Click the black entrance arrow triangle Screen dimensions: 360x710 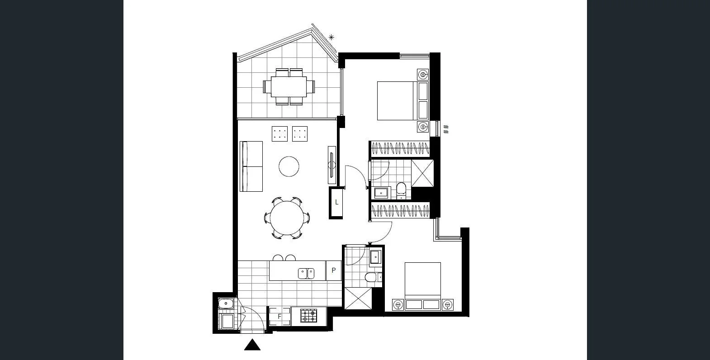[x=252, y=346]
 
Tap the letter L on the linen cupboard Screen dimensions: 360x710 [x=336, y=203]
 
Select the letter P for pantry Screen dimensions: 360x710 [x=334, y=270]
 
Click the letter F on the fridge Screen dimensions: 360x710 [x=279, y=317]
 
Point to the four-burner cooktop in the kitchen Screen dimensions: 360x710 [x=309, y=316]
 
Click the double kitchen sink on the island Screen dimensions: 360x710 [x=306, y=273]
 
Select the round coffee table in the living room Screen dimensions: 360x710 [x=289, y=166]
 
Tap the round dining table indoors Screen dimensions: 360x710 [x=287, y=218]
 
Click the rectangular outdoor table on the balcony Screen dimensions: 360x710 [x=289, y=86]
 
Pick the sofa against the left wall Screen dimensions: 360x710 [x=251, y=166]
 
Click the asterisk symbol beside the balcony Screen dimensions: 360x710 [x=331, y=37]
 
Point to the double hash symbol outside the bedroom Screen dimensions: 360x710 [x=446, y=129]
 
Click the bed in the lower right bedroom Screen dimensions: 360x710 [x=422, y=280]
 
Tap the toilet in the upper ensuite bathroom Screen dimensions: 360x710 [x=401, y=190]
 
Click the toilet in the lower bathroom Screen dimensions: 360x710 [x=370, y=277]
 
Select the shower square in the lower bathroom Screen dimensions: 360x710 [x=358, y=298]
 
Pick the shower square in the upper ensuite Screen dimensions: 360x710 [x=422, y=173]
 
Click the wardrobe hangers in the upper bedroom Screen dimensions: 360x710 [x=400, y=148]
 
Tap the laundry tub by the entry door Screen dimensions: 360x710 [x=225, y=303]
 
